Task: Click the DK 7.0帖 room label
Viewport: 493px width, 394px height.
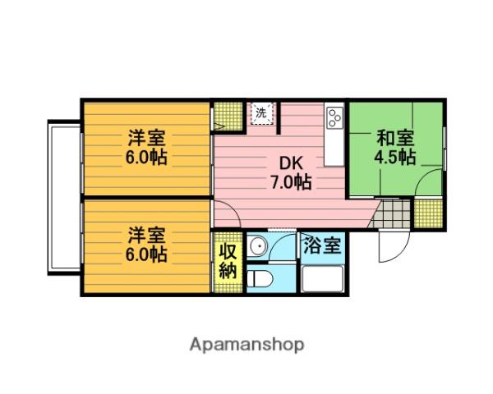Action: pos(291,172)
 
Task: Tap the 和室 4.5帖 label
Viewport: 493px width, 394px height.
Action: pos(395,147)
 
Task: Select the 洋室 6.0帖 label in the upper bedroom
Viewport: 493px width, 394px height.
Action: pos(146,148)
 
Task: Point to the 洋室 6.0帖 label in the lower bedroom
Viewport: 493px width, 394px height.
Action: pos(146,245)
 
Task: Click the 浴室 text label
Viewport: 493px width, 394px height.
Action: pos(322,245)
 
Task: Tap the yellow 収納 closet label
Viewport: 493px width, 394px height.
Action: pos(228,261)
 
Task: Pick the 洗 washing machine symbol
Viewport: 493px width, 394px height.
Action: pos(261,113)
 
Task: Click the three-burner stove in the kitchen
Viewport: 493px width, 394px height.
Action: pos(335,117)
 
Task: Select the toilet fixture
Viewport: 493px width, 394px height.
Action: pos(260,278)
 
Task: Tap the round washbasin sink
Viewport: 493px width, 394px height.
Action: pos(257,245)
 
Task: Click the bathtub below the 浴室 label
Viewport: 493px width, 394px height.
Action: pos(322,279)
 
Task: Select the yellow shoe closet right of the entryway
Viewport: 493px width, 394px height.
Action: pos(428,213)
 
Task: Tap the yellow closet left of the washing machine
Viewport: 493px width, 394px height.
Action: pos(228,117)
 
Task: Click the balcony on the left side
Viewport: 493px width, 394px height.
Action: pos(65,197)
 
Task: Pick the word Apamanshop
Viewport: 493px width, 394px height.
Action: pos(246,345)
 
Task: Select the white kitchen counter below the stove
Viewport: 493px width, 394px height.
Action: pos(334,147)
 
